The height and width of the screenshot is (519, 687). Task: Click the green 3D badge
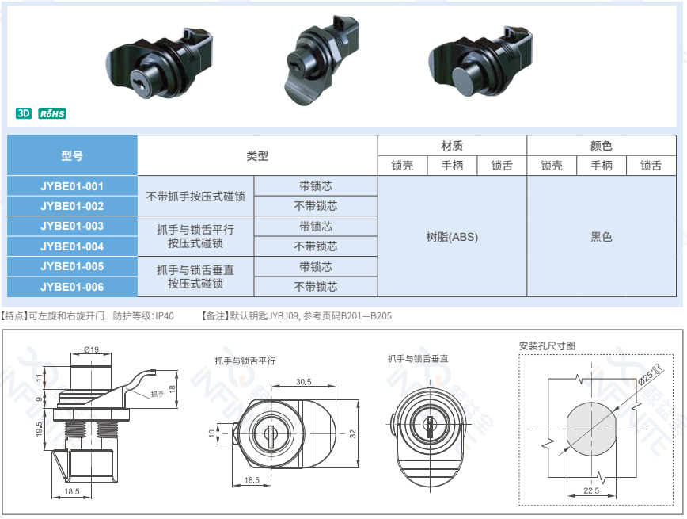point(24,113)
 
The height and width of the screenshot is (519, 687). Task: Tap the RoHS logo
point(52,113)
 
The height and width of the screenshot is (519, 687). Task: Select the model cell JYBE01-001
point(72,186)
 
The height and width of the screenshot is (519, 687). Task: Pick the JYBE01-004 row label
point(72,246)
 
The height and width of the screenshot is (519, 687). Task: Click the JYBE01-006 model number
point(72,287)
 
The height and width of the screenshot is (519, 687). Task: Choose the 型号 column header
point(72,155)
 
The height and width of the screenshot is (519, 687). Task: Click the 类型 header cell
point(257,155)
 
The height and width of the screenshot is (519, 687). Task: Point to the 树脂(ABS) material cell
point(452,237)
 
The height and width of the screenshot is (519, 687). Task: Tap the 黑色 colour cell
point(602,237)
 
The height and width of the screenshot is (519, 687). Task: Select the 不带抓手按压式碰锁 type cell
point(195,196)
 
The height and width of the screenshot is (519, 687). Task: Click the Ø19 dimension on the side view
point(91,349)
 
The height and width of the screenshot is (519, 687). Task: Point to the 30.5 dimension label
point(304,382)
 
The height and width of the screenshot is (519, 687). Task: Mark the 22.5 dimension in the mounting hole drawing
point(591,490)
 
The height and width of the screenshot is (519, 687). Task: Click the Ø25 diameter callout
point(651,374)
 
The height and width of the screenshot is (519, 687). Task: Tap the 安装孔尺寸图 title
point(547,345)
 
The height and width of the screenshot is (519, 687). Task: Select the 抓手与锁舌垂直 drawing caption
point(418,359)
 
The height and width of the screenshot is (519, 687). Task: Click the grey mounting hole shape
point(591,429)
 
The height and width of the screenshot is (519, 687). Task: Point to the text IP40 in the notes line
point(165,316)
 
